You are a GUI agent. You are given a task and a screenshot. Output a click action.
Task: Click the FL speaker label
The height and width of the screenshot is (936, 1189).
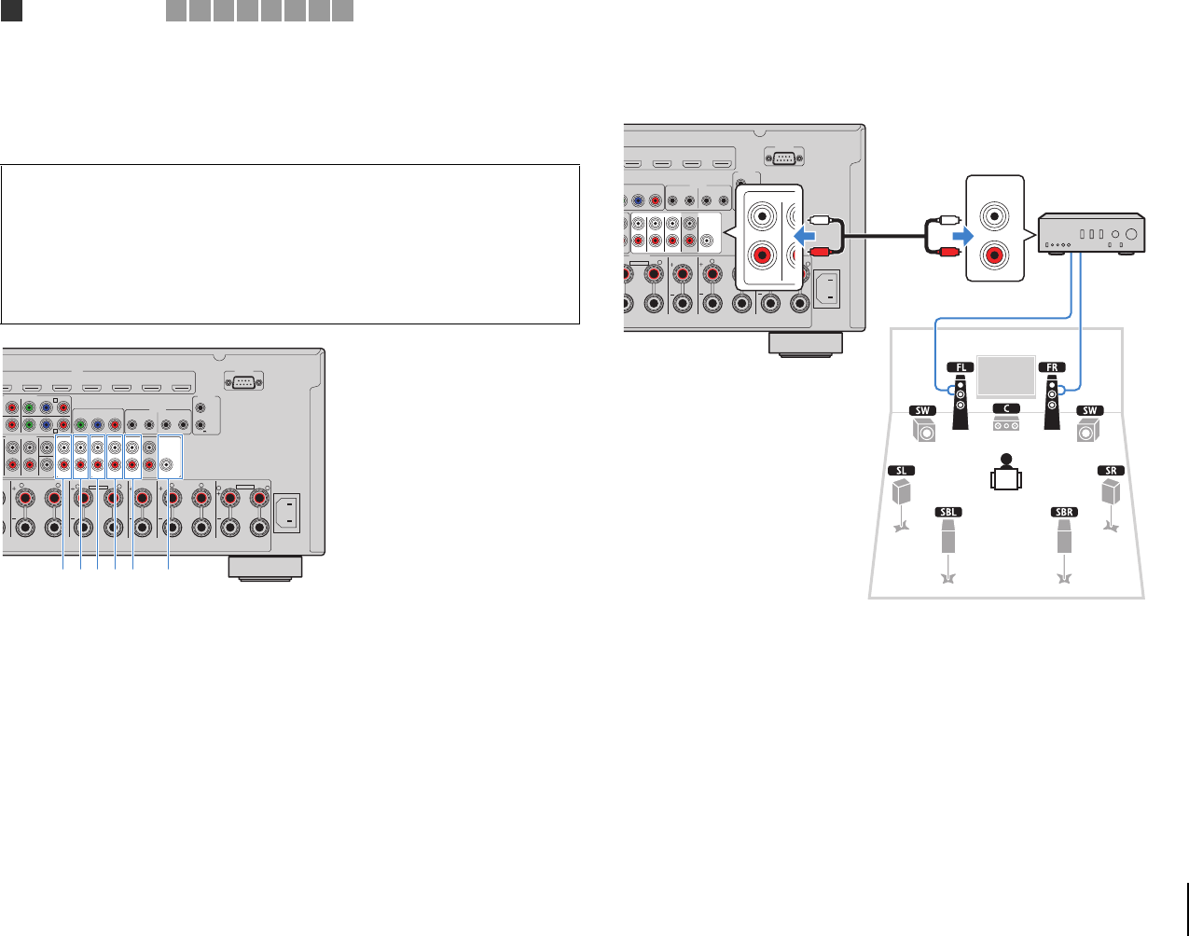pyautogui.click(x=960, y=367)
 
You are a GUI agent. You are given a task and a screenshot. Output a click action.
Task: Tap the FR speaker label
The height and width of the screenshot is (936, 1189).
pyautogui.click(x=1051, y=367)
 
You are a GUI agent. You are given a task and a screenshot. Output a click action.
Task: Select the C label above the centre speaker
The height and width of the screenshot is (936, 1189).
pyautogui.click(x=1005, y=408)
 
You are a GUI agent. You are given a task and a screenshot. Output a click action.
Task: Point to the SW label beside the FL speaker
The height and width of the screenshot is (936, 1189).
pyautogui.click(x=922, y=411)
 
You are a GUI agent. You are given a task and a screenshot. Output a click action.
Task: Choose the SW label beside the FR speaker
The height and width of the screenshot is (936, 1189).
pyautogui.click(x=1088, y=411)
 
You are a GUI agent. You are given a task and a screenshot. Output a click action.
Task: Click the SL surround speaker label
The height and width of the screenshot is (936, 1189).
pyautogui.click(x=901, y=471)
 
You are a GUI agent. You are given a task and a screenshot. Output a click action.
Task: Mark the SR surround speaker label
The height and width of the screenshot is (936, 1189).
pyautogui.click(x=1111, y=471)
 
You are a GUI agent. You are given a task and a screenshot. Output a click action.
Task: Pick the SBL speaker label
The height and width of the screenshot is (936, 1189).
pyautogui.click(x=948, y=512)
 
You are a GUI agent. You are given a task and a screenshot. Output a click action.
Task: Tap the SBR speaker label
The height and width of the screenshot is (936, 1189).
pyautogui.click(x=1063, y=512)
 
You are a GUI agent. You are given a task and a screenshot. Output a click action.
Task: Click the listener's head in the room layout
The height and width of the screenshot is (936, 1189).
pyautogui.click(x=1004, y=459)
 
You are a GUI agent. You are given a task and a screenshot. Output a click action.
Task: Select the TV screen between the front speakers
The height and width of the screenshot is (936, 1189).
pyautogui.click(x=1005, y=377)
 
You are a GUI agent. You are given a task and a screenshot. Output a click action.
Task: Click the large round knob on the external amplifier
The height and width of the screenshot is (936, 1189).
pyautogui.click(x=1131, y=234)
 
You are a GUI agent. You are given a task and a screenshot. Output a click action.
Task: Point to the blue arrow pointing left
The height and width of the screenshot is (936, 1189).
pyautogui.click(x=803, y=234)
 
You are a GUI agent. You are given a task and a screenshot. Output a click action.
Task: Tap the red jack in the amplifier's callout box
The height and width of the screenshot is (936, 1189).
pyautogui.click(x=997, y=253)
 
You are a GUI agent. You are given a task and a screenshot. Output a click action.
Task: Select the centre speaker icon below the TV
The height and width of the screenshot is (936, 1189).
pyautogui.click(x=1005, y=425)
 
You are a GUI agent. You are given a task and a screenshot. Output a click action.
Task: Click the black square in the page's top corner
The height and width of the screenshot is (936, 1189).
pyautogui.click(x=11, y=10)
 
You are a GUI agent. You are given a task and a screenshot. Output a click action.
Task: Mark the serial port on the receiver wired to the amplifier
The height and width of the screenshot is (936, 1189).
pyautogui.click(x=782, y=158)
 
